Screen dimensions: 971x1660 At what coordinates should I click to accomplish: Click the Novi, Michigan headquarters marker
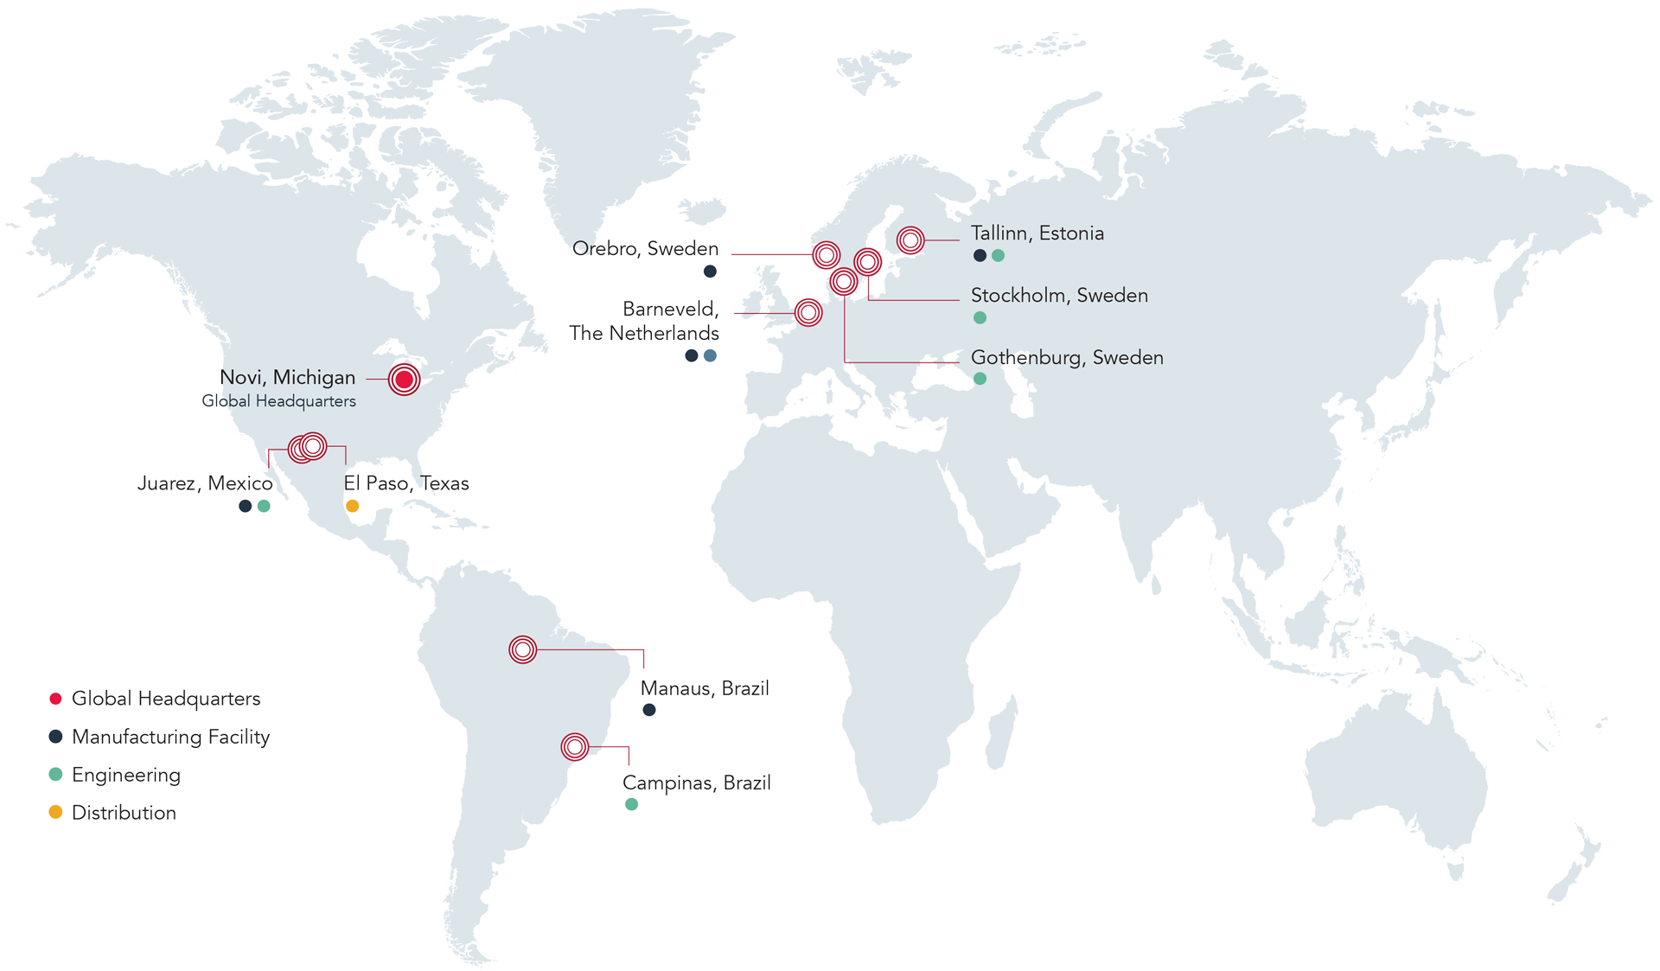point(404,379)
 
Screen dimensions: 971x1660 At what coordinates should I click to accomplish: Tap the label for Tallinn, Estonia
point(1037,233)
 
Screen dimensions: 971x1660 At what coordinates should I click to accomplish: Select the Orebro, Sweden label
point(645,249)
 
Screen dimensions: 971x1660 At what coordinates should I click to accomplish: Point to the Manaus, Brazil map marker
point(522,649)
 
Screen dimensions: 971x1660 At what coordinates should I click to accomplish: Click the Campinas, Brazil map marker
point(574,746)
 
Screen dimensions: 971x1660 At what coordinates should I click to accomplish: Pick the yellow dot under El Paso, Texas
point(352,506)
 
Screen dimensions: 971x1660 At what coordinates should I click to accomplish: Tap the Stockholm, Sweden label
point(1059,296)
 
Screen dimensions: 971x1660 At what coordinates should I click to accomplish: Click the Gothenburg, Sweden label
point(1067,358)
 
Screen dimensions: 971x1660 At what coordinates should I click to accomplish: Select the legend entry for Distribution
point(124,813)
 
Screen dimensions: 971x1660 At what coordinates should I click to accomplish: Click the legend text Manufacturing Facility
point(170,737)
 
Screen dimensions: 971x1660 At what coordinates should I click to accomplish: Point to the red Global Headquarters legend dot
point(55,699)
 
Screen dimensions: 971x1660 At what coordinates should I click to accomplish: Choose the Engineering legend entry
point(125,775)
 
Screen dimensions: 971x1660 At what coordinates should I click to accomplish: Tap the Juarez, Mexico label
point(205,483)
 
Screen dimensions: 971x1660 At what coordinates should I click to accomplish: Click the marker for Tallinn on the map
point(910,240)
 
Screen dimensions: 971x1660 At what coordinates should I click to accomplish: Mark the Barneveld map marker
point(808,312)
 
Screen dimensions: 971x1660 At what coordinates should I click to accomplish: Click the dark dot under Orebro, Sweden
point(710,271)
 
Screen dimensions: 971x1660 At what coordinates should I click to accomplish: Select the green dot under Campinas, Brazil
point(631,804)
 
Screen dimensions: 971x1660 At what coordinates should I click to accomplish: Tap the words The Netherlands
point(643,334)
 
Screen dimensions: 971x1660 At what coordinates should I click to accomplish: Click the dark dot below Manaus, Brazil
point(649,710)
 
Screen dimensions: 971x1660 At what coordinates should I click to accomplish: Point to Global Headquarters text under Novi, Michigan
point(278,401)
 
